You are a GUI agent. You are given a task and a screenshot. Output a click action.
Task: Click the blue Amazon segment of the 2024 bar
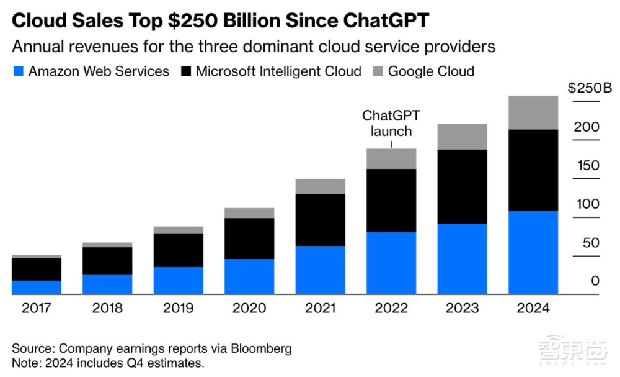pos(533,253)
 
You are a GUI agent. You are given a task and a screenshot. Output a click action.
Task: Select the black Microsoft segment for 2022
pos(391,201)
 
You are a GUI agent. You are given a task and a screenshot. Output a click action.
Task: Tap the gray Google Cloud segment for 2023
pos(462,137)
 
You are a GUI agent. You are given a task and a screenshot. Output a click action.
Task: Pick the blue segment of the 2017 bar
pos(37,288)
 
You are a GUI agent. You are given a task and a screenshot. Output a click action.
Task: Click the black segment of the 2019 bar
pos(178,250)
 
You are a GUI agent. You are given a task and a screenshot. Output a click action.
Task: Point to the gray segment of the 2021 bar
pos(321,186)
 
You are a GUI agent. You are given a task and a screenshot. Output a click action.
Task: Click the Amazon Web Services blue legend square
pos(18,71)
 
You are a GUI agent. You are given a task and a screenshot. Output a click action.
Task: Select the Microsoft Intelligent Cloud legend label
pos(278,71)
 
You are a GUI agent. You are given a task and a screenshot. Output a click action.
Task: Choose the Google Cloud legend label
pos(431,71)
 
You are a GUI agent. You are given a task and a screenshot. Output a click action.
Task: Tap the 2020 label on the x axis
pos(249,308)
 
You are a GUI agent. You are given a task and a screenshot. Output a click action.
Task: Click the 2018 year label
pos(107,308)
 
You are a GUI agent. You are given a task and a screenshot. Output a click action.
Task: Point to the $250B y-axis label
pos(590,88)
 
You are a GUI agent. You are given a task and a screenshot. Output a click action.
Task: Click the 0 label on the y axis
pos(595,281)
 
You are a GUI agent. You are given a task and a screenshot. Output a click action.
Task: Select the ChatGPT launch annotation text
pos(391,123)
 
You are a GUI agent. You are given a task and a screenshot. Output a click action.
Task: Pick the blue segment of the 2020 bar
pos(249,276)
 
